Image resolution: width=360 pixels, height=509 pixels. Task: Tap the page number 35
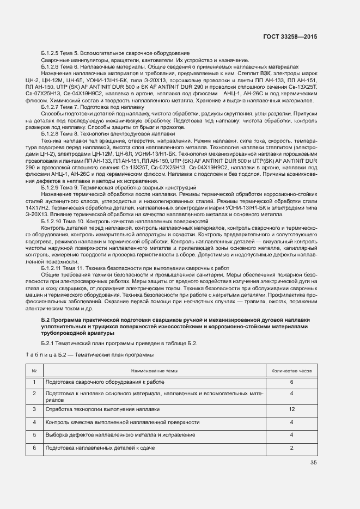click(x=313, y=463)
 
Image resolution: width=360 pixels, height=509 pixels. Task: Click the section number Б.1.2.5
click(x=52, y=53)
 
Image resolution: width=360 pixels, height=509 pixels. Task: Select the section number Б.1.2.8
click(x=52, y=133)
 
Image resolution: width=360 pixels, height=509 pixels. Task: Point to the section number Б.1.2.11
click(x=54, y=268)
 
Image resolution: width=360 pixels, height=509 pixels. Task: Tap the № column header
click(x=34, y=370)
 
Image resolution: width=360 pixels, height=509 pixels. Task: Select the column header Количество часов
click(x=292, y=370)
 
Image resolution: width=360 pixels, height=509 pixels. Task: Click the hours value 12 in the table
click(x=292, y=408)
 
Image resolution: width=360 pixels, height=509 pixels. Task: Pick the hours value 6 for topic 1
click(x=292, y=382)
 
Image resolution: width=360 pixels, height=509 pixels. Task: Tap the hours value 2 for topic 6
click(x=292, y=447)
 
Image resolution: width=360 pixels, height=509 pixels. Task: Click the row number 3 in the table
click(x=34, y=408)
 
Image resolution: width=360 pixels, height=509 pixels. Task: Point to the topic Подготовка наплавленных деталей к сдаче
click(x=101, y=447)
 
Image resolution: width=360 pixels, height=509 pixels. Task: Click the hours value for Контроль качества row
click(x=292, y=422)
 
